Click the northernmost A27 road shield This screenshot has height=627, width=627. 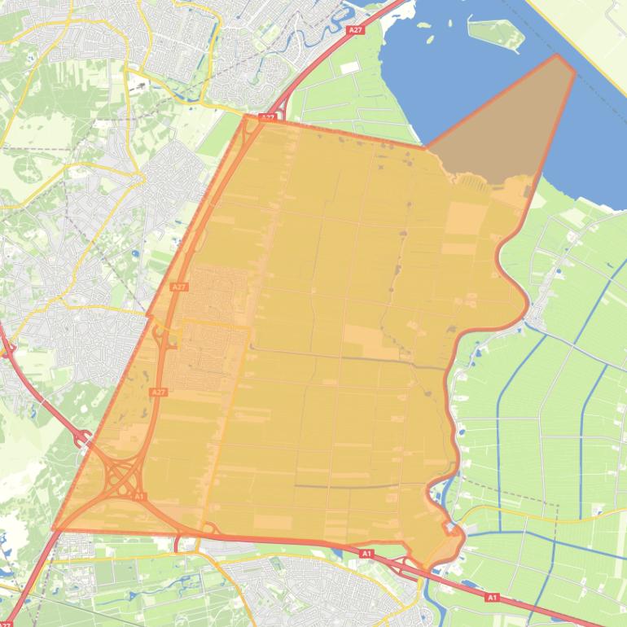point(354,30)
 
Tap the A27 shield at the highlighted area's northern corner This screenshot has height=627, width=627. point(267,118)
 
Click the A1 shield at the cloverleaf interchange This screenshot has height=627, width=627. point(139,496)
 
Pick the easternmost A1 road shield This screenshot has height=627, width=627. point(491,597)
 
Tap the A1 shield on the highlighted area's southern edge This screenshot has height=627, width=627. point(366,554)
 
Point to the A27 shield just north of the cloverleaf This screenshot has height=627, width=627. point(158,392)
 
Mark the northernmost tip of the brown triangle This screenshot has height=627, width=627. point(558,55)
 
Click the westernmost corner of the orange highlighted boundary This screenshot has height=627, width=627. point(55,528)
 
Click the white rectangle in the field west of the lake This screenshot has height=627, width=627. point(349,68)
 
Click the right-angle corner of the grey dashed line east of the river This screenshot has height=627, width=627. point(559,505)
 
